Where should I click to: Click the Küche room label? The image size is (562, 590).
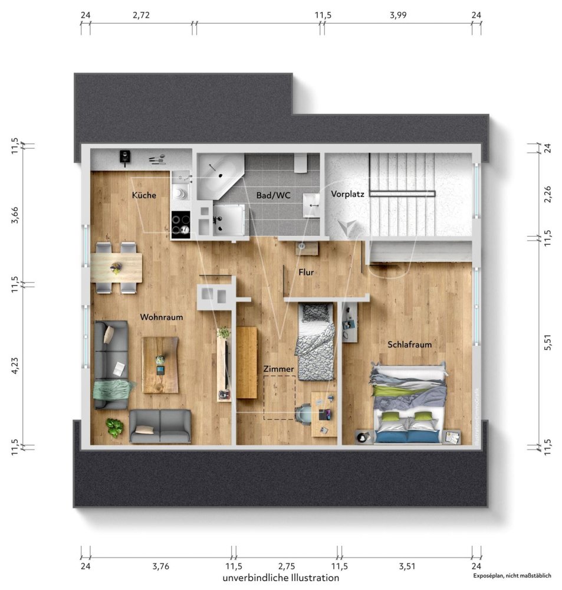[x=144, y=195]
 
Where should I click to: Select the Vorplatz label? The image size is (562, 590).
[x=347, y=194]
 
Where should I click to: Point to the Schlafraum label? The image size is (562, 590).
[x=410, y=344]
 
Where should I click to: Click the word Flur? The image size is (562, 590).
[x=305, y=272]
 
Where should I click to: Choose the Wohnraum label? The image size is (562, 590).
[x=161, y=317]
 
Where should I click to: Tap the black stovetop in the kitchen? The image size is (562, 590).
[x=181, y=225]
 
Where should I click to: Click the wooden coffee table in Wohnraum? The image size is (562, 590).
[x=160, y=364]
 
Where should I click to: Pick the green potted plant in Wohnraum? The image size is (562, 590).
[x=114, y=427]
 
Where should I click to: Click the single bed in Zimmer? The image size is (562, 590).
[x=315, y=342]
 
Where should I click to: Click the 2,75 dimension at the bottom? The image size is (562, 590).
[x=287, y=566]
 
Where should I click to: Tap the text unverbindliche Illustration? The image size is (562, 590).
[x=281, y=578]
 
